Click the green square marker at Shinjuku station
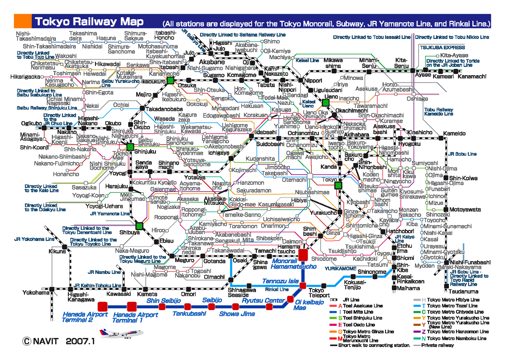pos(130,147)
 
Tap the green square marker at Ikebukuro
pos(170,80)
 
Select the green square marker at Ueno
pos(326,103)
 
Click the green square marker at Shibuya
pos(139,226)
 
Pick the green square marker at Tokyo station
pos(338,185)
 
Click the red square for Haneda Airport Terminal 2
pos(102,306)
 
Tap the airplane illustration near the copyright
pos(121,333)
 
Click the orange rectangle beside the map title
pos(23,21)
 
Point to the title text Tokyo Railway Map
pos(89,21)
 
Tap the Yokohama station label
pos(36,292)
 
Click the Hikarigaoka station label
pos(25,77)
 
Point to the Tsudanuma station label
pos(463,291)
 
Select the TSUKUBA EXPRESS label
pos(442,48)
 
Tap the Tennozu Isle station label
pos(280,281)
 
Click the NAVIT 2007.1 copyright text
pos(59,341)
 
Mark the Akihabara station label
pos(356,135)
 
